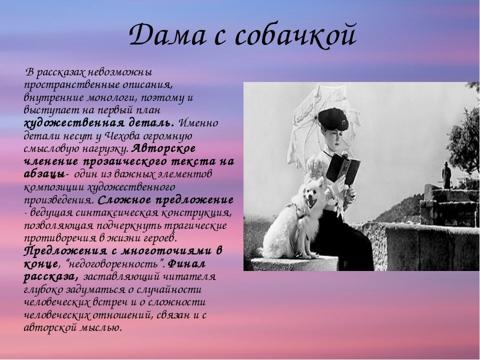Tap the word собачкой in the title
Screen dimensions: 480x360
pyautogui.click(x=295, y=34)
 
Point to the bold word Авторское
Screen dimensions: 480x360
pyautogui.click(x=164, y=148)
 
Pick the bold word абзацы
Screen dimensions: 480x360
pyautogui.click(x=44, y=174)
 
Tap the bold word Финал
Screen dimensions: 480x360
pyautogui.click(x=186, y=263)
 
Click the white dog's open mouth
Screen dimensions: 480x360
pyautogui.click(x=313, y=202)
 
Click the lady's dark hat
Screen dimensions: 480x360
pyautogui.click(x=333, y=119)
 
